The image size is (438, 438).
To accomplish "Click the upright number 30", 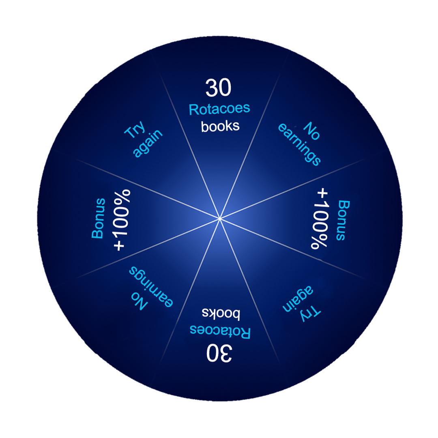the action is tap(219, 88).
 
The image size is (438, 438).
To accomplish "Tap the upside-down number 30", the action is tap(219, 353).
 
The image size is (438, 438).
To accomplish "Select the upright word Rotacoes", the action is tap(219, 109).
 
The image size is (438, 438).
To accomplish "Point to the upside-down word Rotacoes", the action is tap(220, 332).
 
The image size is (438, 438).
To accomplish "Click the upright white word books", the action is tap(220, 126).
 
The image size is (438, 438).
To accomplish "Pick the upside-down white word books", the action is tap(221, 313).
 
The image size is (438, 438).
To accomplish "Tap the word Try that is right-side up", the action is tap(135, 130).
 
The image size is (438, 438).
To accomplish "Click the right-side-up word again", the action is tap(148, 143).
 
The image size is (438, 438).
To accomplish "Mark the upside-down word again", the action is tap(298, 298).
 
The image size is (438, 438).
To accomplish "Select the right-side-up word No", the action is tap(312, 131).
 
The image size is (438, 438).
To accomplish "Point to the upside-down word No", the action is tap(139, 301).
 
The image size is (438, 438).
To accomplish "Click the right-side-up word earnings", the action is tap(299, 144).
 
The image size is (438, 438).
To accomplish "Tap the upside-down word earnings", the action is tap(151, 287).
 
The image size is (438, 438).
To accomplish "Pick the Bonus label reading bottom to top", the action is tap(98, 218).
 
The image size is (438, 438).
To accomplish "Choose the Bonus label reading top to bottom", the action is tap(343, 220).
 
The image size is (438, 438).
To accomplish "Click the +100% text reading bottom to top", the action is tap(122, 220).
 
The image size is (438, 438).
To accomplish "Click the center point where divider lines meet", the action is tap(220, 218).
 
